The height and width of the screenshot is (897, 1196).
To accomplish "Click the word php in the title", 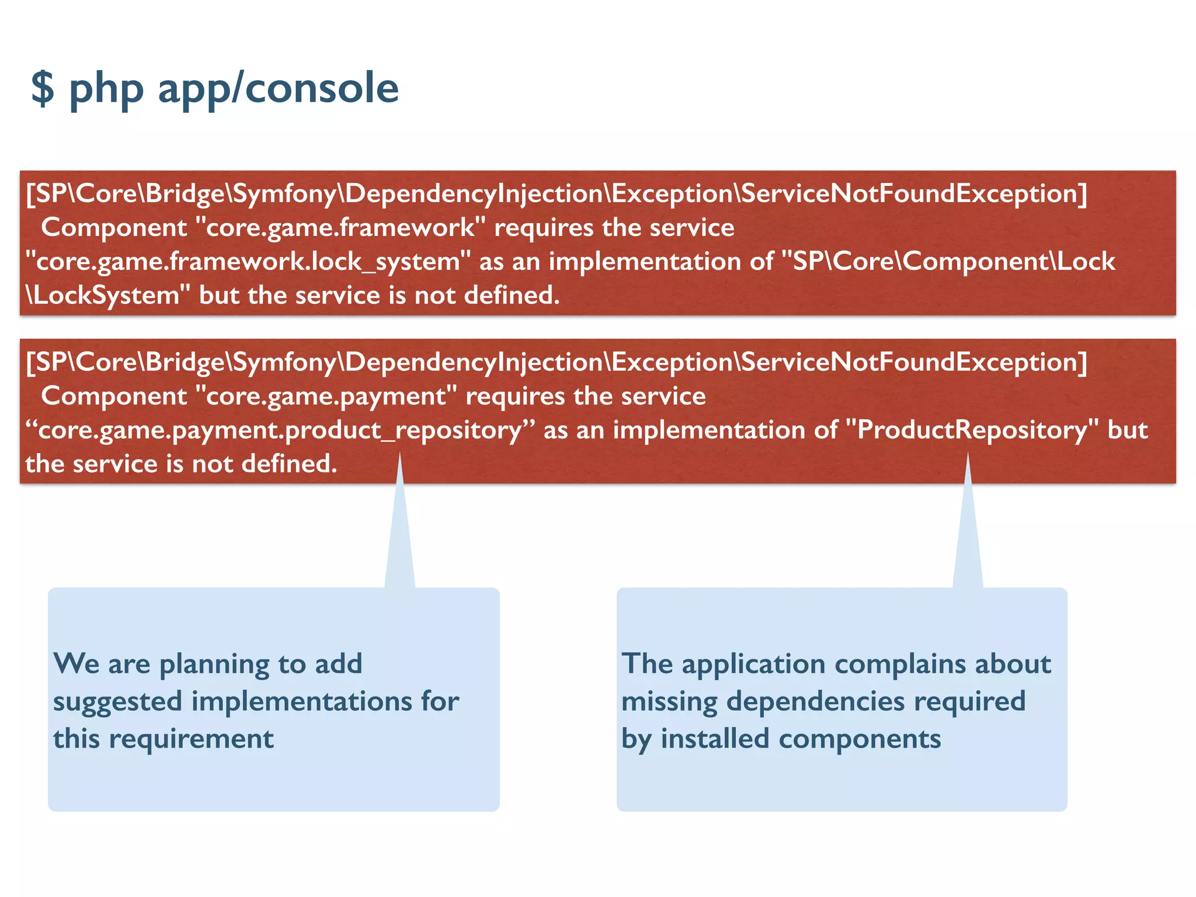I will tap(106, 89).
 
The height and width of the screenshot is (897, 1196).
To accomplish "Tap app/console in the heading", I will tap(278, 89).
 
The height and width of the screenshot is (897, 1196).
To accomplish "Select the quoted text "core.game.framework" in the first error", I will tap(340, 228).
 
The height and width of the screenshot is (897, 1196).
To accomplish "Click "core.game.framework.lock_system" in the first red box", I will tap(248, 262).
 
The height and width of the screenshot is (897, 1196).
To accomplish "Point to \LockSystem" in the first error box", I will tap(108, 295).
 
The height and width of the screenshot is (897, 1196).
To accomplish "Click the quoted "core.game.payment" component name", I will tap(326, 397).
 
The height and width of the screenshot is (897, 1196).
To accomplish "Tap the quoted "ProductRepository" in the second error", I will tap(972, 430).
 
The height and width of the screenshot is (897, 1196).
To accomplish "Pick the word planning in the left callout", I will tap(214, 664).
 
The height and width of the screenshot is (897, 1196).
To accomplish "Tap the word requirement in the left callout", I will tap(191, 739).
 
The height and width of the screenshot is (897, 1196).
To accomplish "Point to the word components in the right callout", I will tap(860, 739).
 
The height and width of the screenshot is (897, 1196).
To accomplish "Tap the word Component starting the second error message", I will tap(114, 397).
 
